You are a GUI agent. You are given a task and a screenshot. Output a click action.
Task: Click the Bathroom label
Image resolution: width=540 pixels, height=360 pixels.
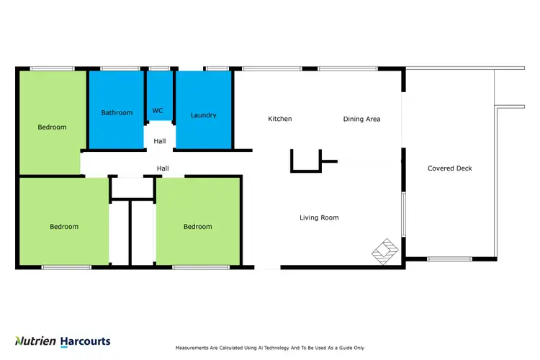point(117,112)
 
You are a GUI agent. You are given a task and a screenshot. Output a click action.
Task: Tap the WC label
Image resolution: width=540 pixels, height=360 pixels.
point(158,110)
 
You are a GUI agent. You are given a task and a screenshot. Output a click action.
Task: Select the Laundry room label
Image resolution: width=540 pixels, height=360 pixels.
point(203,115)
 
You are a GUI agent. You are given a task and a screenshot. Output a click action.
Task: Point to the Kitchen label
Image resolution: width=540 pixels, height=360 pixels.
point(279,119)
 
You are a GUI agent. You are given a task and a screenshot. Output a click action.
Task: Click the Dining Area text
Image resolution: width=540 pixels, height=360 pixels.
point(361,119)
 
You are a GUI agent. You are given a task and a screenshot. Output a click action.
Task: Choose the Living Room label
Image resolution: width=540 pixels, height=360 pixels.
point(319,217)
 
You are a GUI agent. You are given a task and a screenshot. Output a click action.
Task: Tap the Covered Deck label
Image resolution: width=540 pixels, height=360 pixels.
point(450,168)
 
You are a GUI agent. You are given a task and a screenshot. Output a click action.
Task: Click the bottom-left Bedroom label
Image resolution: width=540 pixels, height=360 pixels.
point(64,227)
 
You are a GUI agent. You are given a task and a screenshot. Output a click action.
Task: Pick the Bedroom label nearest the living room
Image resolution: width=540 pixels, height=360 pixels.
point(197,227)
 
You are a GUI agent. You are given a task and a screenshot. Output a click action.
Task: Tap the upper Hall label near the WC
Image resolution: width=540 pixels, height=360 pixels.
point(159,141)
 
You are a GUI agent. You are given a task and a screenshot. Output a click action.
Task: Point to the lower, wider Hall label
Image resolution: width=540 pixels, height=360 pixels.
point(163,168)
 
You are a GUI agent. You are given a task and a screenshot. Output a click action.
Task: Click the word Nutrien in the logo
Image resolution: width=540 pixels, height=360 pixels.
point(35,341)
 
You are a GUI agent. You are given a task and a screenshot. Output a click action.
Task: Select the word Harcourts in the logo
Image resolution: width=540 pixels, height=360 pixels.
point(85,341)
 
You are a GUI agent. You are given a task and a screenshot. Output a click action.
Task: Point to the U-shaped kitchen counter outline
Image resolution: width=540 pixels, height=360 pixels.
point(305,162)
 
